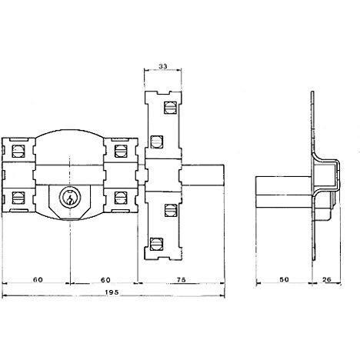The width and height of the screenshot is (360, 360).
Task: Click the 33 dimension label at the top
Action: point(162,66)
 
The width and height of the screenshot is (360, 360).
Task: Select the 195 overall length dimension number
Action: point(112,292)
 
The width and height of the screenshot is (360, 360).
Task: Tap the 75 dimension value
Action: point(182,279)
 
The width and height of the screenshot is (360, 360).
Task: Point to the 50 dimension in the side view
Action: point(284,279)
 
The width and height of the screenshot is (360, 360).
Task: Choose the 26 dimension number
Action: point(327,279)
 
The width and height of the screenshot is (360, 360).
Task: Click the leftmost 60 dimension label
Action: point(38,279)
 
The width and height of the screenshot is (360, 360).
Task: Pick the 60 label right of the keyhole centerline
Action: point(105,279)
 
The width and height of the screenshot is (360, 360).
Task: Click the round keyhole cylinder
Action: point(70,198)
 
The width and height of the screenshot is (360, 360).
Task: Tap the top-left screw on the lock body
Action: point(18,152)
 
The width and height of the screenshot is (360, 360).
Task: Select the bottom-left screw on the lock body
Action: point(18,198)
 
